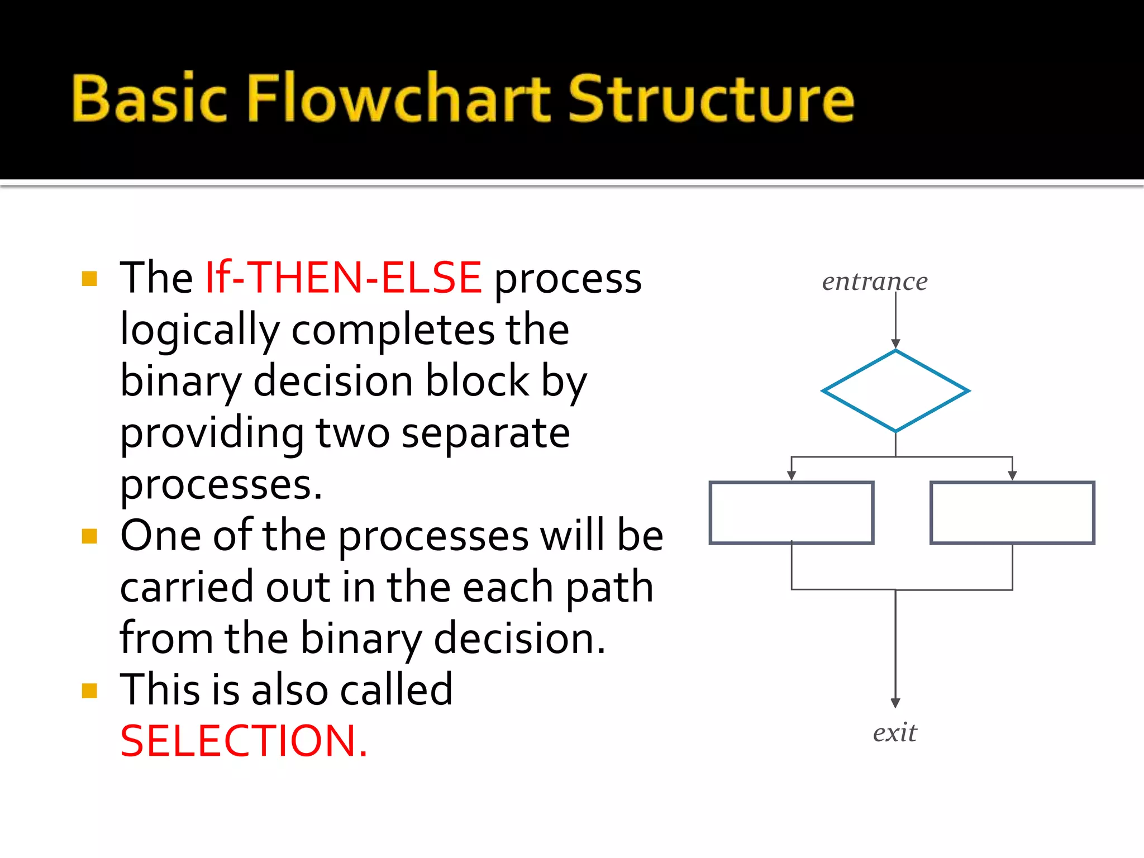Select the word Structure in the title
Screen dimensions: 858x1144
tap(711, 99)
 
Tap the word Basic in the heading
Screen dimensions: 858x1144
tap(149, 99)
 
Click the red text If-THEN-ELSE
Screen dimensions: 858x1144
tap(344, 278)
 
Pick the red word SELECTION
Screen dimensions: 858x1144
tap(244, 741)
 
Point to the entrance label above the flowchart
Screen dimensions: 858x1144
tap(874, 281)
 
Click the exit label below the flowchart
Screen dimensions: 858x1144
tap(894, 732)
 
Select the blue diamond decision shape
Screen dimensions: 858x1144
tap(895, 391)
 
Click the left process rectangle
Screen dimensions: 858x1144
tap(791, 512)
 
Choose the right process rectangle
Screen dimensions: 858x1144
tap(1012, 512)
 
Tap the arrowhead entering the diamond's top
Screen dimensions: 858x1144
tap(895, 344)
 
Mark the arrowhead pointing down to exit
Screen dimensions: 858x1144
tap(895, 703)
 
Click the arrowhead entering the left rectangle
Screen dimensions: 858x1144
tap(791, 475)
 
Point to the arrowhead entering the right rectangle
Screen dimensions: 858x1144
tap(1012, 475)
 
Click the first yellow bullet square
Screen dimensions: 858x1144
tap(89, 278)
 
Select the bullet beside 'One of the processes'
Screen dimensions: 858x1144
tap(89, 536)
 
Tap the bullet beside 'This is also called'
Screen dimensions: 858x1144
tap(89, 691)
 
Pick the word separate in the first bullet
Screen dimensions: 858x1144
tap(485, 433)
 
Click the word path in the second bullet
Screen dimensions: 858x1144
tap(609, 588)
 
